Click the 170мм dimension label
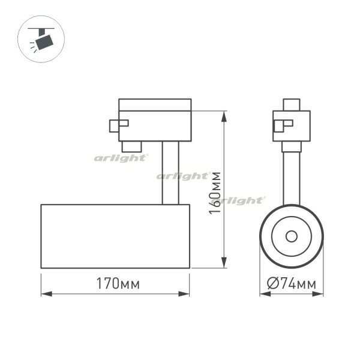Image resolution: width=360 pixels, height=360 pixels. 118,284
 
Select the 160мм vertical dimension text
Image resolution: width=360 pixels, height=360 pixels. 215,193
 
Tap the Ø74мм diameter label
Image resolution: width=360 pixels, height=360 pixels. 292,284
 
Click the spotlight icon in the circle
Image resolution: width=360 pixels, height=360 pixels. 41,39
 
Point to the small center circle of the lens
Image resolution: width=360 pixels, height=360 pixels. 292,236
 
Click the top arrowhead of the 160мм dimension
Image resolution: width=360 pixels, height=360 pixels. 224,116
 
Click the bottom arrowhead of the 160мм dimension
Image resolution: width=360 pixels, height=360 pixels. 224,262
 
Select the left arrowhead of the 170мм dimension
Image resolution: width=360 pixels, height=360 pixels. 47,294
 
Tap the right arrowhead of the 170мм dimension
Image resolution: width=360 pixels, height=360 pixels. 184,294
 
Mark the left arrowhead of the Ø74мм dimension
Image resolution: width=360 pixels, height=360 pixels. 265,294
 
